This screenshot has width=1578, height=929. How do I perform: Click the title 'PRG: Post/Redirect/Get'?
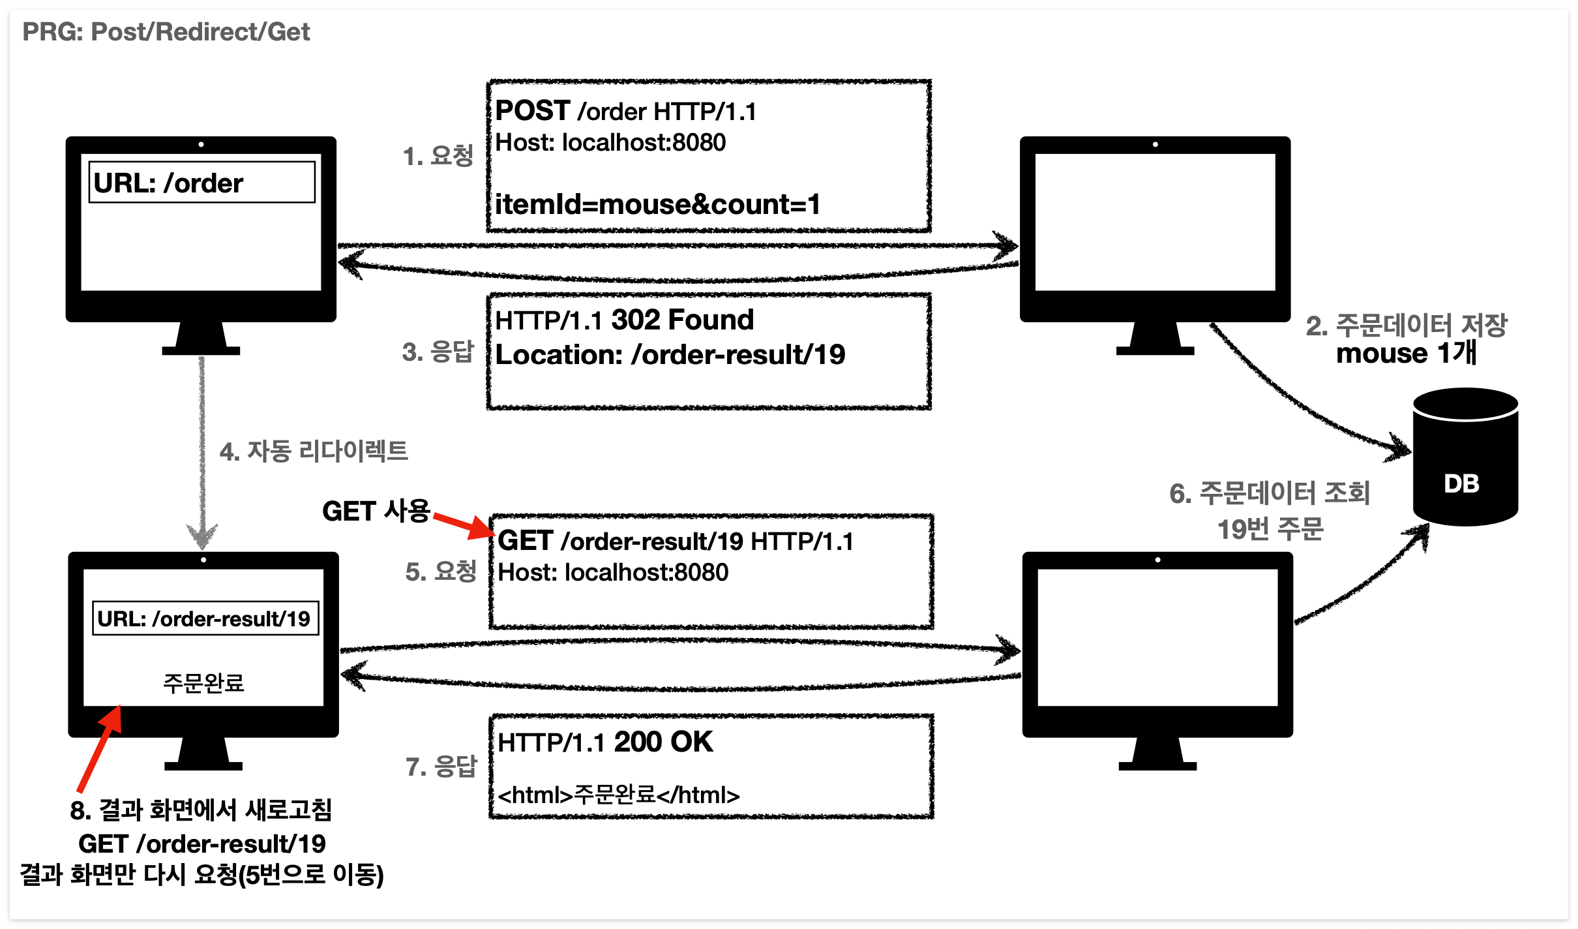[x=166, y=32]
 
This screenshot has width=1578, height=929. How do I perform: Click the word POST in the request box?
[x=533, y=111]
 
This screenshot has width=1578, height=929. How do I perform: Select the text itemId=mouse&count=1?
[x=657, y=205]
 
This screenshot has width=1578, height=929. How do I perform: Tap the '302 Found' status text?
[x=682, y=320]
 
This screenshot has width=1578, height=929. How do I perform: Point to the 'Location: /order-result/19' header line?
[x=670, y=355]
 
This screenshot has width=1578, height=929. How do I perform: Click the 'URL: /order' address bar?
[x=201, y=183]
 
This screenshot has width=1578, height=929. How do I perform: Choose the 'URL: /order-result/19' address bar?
[x=205, y=618]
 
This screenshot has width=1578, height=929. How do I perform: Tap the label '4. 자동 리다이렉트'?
[x=314, y=451]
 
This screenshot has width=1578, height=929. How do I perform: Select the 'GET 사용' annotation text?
[x=376, y=511]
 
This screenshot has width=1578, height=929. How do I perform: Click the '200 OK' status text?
[x=663, y=742]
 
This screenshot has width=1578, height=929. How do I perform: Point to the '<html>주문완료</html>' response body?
[x=618, y=795]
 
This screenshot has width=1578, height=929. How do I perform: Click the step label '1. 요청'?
[x=438, y=156]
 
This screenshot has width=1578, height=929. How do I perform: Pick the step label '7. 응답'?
[x=441, y=767]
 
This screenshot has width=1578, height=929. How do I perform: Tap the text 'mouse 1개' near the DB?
[x=1406, y=354]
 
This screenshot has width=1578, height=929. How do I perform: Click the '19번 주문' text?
[x=1270, y=529]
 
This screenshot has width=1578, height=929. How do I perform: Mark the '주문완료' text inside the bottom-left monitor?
[x=203, y=683]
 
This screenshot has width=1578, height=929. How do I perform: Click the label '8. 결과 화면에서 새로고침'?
[x=201, y=810]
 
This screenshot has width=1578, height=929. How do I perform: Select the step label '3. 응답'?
[x=438, y=352]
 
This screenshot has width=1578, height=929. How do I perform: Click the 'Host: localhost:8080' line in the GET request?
[x=613, y=573]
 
